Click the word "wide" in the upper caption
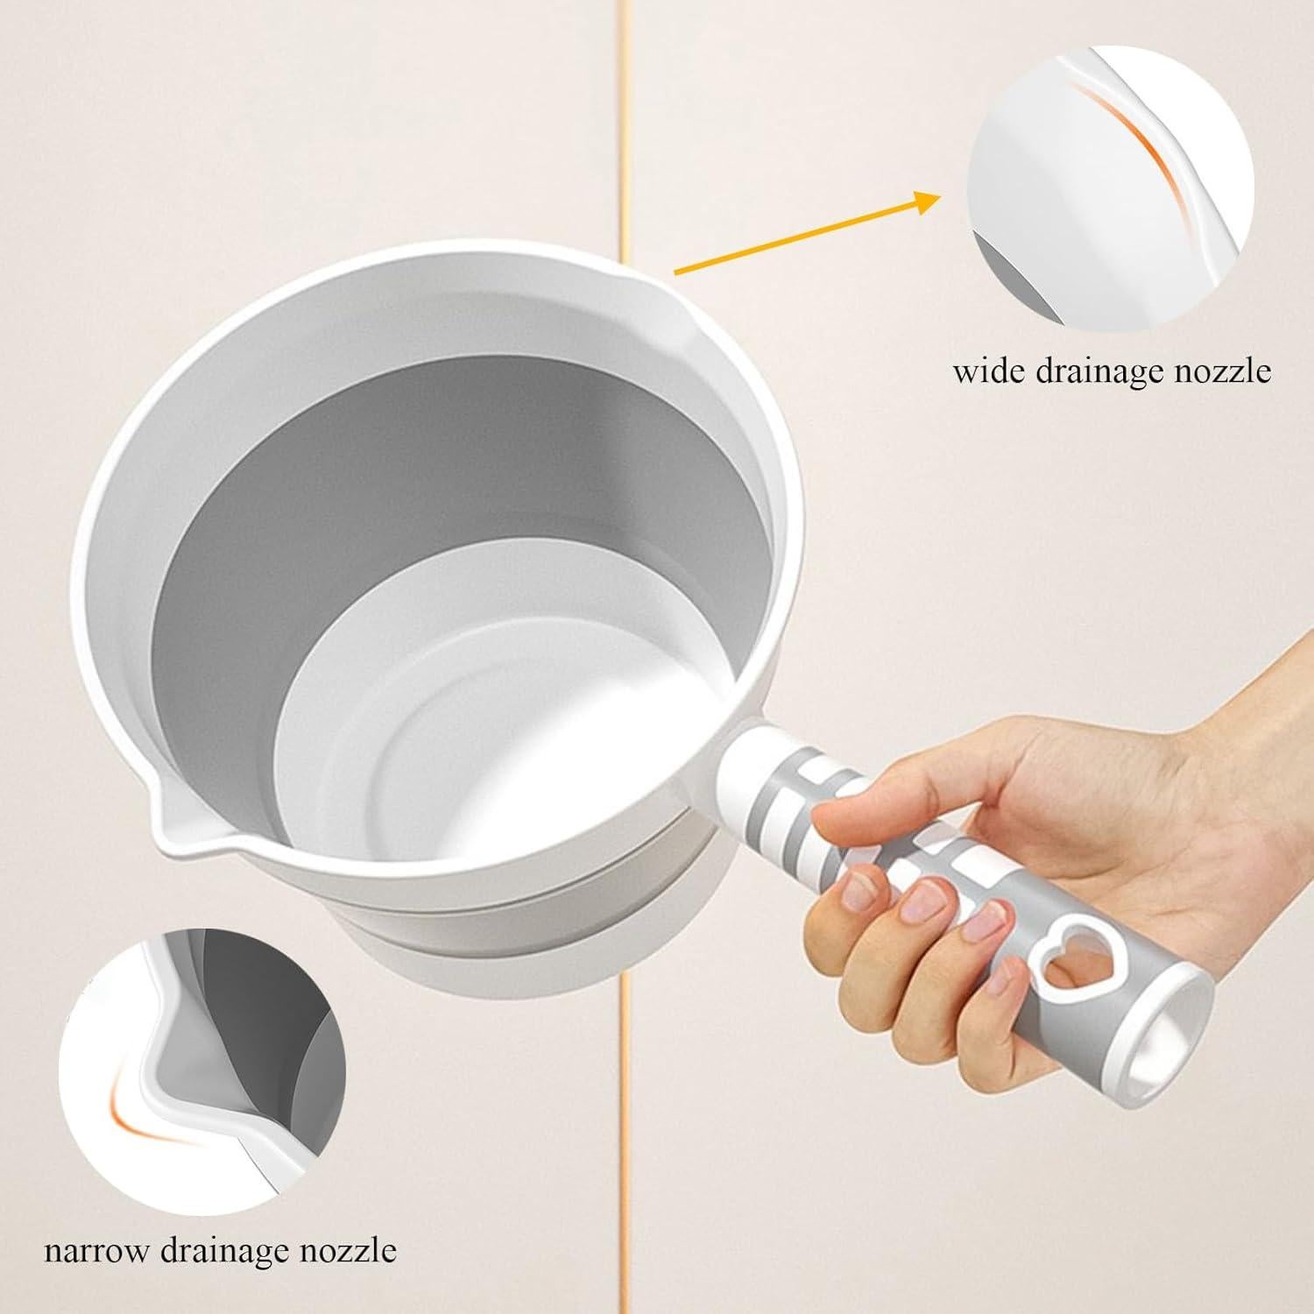pyautogui.click(x=989, y=371)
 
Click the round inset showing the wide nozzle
pyautogui.click(x=1111, y=187)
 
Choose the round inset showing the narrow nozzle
pyautogui.click(x=202, y=1073)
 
